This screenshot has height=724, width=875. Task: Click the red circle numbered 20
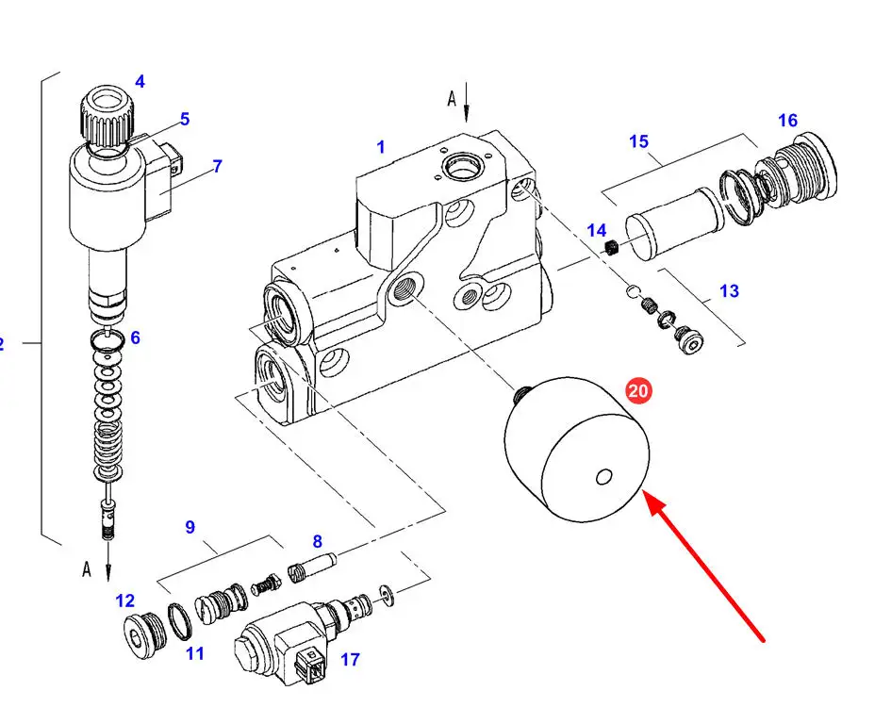click(x=637, y=390)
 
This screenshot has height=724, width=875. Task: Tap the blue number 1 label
click(x=381, y=147)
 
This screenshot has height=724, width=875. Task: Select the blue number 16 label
click(x=787, y=121)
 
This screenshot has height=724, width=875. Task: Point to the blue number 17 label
click(x=350, y=660)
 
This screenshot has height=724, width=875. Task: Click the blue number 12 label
click(x=125, y=601)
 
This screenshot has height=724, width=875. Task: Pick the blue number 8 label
click(x=317, y=542)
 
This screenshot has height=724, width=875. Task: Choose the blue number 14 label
click(x=597, y=230)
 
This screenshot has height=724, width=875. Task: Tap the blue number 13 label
click(x=729, y=291)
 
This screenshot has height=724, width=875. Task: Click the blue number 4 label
click(x=140, y=82)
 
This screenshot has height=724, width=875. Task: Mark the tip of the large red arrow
click(x=646, y=492)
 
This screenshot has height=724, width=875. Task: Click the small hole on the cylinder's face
click(x=603, y=477)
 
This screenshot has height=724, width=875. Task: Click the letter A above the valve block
click(x=452, y=99)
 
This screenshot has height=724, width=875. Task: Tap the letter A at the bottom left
click(x=87, y=569)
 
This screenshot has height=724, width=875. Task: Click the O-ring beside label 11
click(x=180, y=621)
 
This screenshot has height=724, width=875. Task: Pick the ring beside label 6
click(x=107, y=339)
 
